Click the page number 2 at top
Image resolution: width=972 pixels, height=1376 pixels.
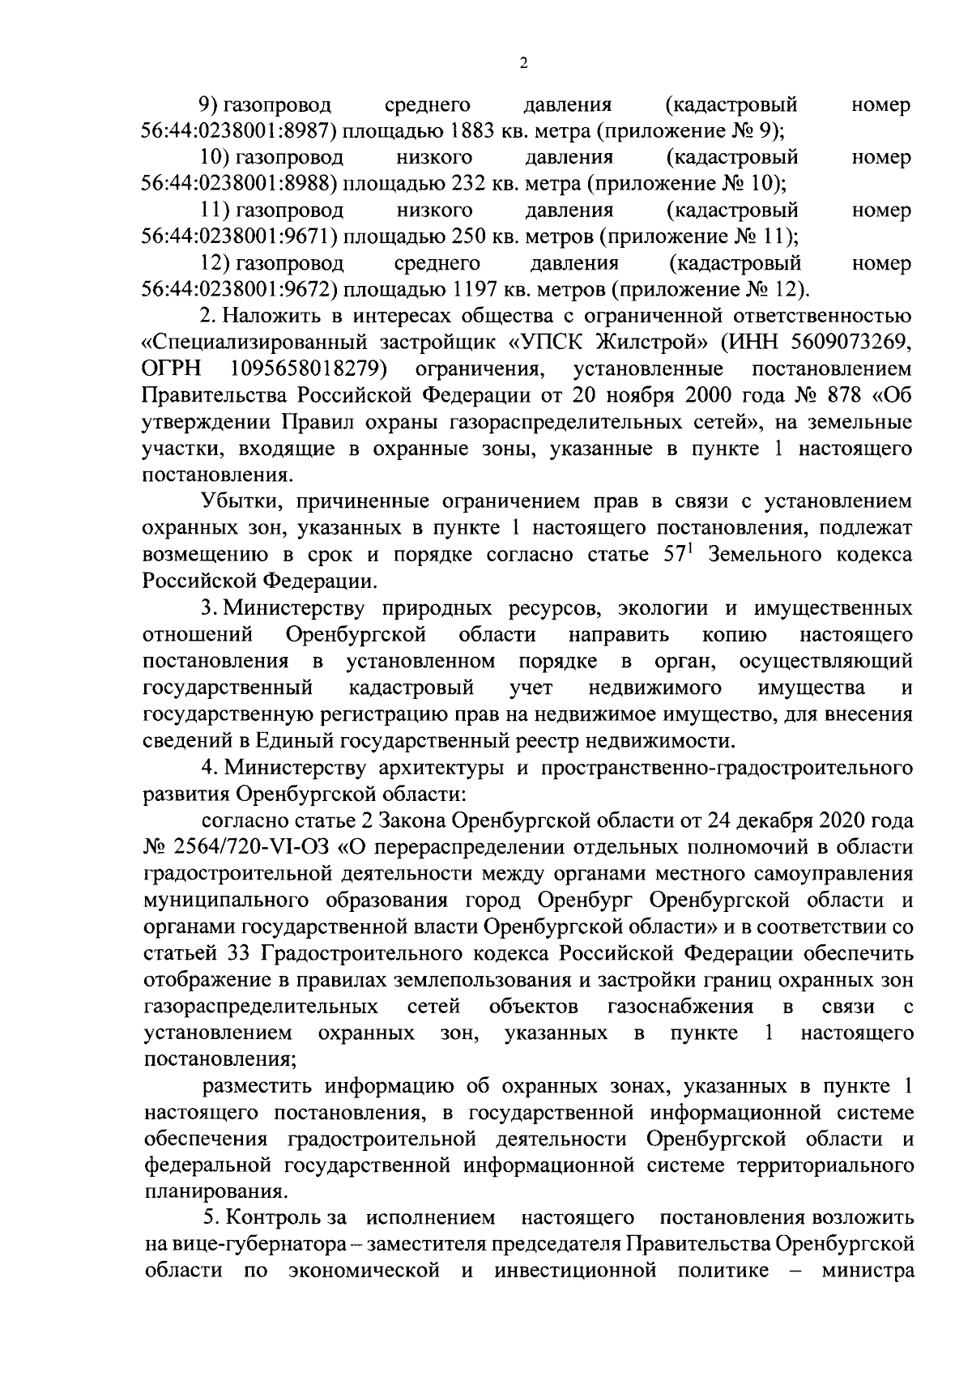click(523, 64)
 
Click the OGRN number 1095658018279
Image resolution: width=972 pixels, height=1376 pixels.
click(308, 369)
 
